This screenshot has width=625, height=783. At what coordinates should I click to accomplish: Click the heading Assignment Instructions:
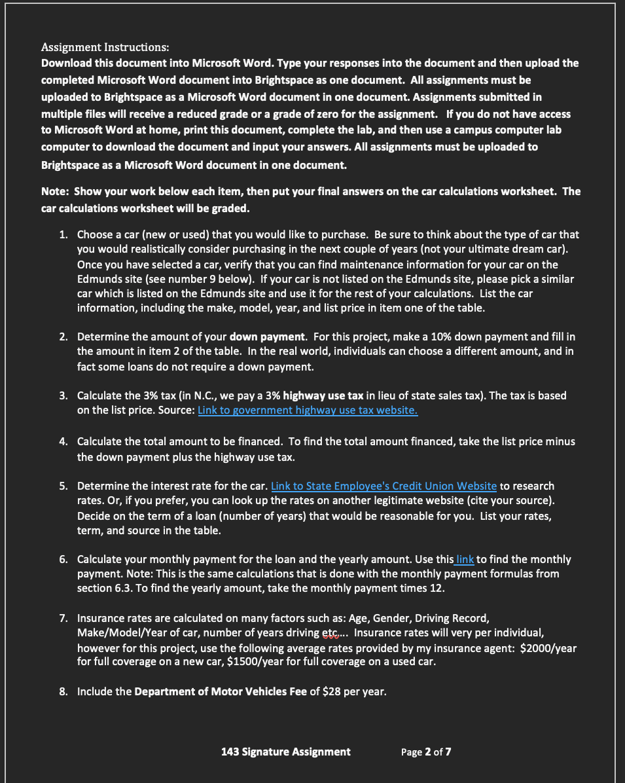[x=105, y=47]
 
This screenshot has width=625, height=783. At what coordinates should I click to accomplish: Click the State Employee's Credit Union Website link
[x=384, y=486]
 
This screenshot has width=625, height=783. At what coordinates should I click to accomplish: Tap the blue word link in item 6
[x=465, y=559]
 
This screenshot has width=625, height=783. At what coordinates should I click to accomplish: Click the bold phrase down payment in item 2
[x=268, y=337]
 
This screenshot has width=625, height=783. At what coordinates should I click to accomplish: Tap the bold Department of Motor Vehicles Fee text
[x=221, y=691]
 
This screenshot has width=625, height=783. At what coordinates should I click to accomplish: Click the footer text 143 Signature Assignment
[x=286, y=752]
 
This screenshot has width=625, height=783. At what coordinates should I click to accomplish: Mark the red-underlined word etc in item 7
[x=332, y=633]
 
